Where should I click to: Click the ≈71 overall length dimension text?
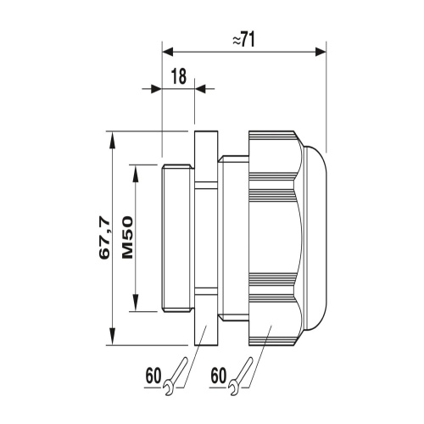pos(243,39)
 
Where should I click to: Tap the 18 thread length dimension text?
pos(179,76)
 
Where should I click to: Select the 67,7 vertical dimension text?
pos(104,237)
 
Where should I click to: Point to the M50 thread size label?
pos(127,237)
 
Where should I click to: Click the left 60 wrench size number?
pos(153,376)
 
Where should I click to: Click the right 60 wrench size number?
pos(219,376)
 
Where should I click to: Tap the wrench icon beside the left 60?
pos(176,377)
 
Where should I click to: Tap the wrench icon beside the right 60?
pos(241,377)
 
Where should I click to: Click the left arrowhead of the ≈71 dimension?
pos(167,52)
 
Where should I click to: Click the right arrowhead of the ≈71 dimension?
pos(321,52)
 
